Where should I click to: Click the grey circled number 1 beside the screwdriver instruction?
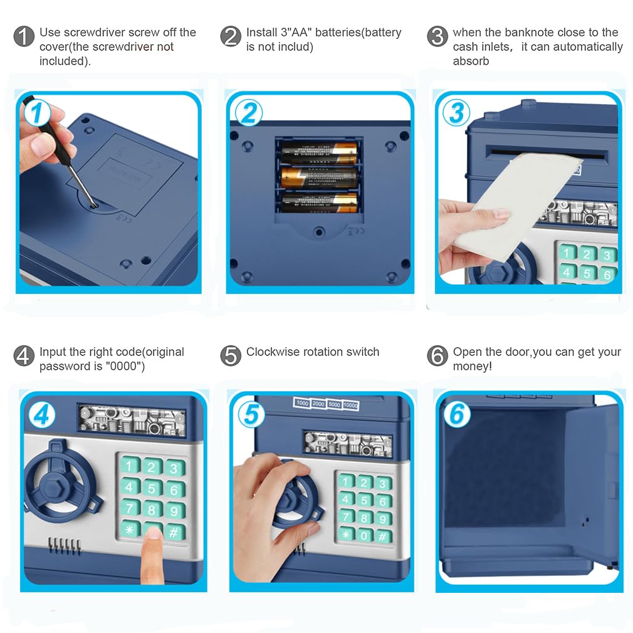coord(23,37)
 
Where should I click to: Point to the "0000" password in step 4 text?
coord(123,366)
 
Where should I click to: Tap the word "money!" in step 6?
coord(473,366)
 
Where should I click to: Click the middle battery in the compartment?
coord(319,177)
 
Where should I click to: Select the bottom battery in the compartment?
coord(319,202)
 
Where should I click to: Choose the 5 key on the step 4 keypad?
coord(152,487)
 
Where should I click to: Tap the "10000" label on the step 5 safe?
coord(350,405)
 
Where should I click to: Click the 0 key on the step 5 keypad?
coord(364,536)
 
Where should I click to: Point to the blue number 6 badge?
coord(456,414)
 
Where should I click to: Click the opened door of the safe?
coord(592,483)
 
